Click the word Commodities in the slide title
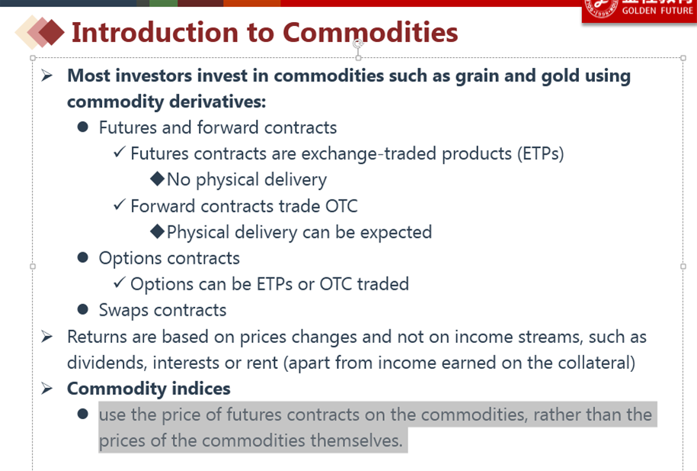(370, 33)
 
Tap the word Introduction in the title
(155, 33)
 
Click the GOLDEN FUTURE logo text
(657, 10)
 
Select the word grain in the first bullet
(477, 76)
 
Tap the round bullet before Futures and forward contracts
(83, 127)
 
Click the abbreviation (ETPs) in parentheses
(540, 154)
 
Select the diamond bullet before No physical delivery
(158, 179)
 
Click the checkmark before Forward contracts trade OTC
(119, 204)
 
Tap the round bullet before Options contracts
(83, 258)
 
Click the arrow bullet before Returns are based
(46, 337)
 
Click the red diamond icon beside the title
(51, 33)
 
